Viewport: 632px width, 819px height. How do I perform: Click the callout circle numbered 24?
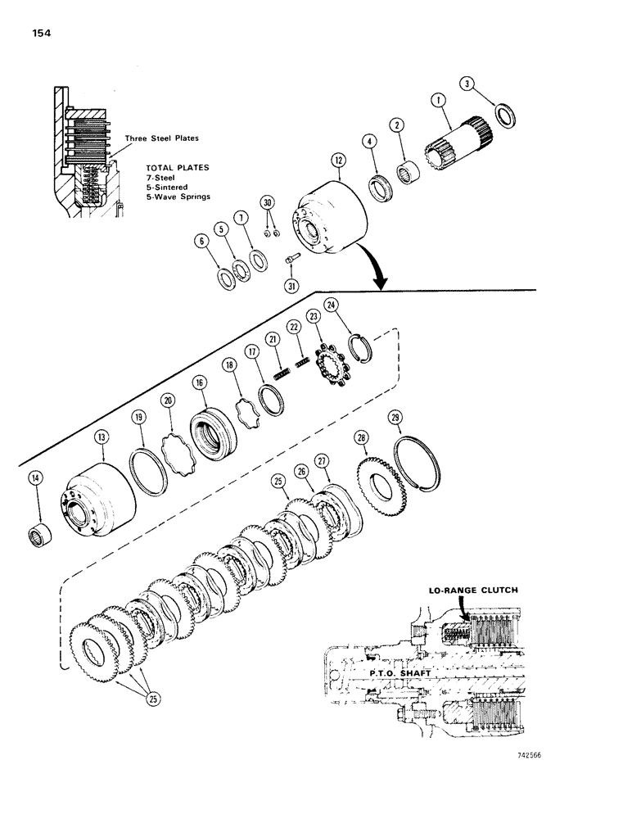coord(330,305)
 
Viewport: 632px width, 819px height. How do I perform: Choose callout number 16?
coord(198,383)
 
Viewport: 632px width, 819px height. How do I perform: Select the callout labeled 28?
coord(360,440)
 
